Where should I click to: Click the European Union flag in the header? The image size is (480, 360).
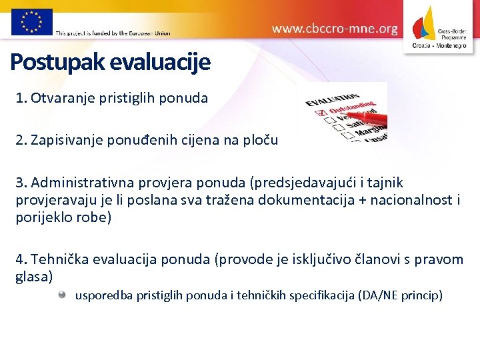tap(31, 21)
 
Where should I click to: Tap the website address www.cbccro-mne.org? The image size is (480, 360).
tap(335, 29)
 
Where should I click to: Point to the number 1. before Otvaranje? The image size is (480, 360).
tap(21, 98)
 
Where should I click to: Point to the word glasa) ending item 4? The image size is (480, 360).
tap(34, 276)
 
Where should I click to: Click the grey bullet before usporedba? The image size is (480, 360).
tap(62, 294)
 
